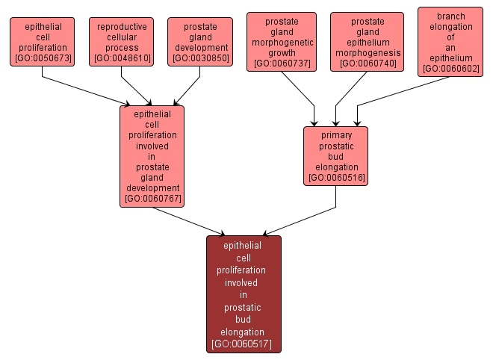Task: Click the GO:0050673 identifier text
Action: click(x=43, y=58)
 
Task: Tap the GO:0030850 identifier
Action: click(x=200, y=58)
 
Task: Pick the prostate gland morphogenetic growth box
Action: click(x=282, y=42)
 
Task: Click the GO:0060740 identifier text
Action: click(x=367, y=64)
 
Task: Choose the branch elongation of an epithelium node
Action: click(x=450, y=42)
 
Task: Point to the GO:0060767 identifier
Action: click(x=152, y=199)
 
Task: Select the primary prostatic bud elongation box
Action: click(x=335, y=156)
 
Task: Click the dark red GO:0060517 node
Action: click(x=244, y=294)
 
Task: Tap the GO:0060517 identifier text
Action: click(x=244, y=344)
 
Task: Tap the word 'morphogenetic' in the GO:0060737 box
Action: click(x=282, y=42)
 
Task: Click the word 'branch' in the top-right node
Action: click(x=450, y=16)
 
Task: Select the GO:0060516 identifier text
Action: click(x=335, y=178)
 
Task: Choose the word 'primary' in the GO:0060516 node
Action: click(x=335, y=135)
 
